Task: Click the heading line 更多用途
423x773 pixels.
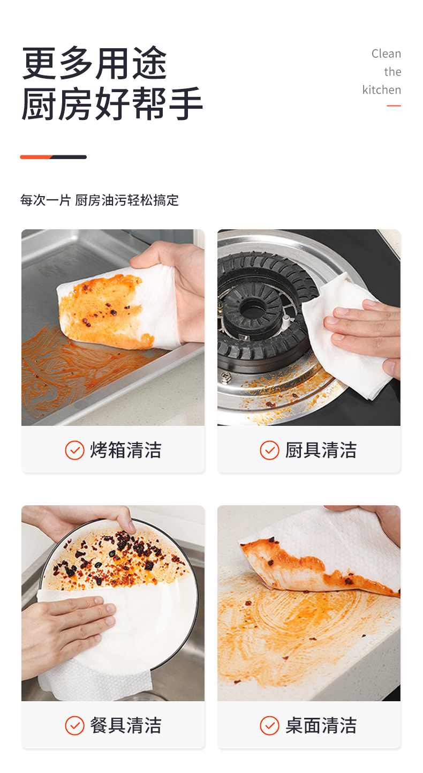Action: point(94,64)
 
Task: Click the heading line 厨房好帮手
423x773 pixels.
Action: point(112,104)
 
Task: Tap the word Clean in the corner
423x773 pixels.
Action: point(386,54)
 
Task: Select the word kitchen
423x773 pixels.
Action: point(381,90)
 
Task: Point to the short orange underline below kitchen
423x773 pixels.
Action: point(394,106)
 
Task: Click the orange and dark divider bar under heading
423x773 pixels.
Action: point(53,157)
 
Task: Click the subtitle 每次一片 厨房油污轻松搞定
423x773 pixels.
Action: point(100,200)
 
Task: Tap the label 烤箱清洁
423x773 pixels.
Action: point(126,450)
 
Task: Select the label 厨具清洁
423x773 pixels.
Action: point(321,450)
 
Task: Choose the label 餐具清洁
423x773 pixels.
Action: point(126,725)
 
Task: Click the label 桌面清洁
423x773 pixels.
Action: point(321,725)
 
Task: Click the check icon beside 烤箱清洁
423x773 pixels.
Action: point(74,450)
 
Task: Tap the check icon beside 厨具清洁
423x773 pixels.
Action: point(269,450)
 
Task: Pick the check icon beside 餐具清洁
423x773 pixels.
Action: point(74,726)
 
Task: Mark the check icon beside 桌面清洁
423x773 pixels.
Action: point(269,726)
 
